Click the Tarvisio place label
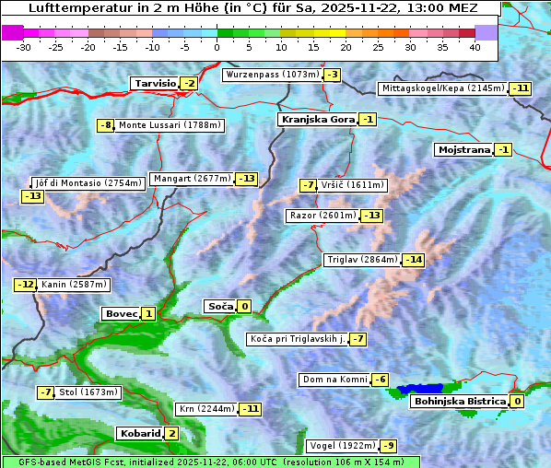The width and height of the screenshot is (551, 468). point(154,83)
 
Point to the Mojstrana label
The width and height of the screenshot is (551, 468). point(463,149)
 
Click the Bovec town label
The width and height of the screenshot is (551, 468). point(121,313)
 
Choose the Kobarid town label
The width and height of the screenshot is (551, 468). point(139,433)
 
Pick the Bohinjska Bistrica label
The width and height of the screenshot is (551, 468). point(459,401)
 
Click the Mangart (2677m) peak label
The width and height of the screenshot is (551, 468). point(192,179)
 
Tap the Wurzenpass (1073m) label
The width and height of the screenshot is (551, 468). point(273,75)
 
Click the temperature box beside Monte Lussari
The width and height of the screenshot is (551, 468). point(106,125)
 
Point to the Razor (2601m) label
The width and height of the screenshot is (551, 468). point(322,216)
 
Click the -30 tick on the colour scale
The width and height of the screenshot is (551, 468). point(24,46)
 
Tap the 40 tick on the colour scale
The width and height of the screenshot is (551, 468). point(475,46)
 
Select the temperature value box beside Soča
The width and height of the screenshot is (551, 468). point(244,307)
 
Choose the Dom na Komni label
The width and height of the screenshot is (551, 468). point(333,380)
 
